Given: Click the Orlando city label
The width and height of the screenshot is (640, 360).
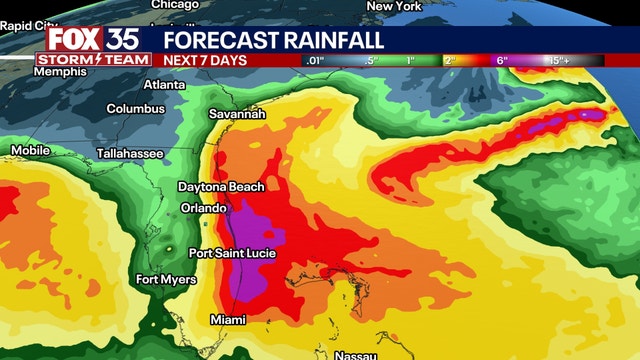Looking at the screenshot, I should tap(202, 207).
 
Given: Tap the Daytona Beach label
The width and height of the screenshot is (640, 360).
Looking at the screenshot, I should tap(221, 187).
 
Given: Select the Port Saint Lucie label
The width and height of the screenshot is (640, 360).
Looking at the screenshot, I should tap(232, 253).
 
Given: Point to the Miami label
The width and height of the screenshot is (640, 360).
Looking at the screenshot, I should tap(228, 319).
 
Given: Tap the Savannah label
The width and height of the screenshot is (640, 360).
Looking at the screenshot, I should tap(237, 114).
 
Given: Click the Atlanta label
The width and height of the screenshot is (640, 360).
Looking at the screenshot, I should tap(165, 85).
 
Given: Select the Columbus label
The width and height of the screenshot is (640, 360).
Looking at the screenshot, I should tap(136, 108).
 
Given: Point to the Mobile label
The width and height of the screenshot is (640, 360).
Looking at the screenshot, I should tap(30, 150).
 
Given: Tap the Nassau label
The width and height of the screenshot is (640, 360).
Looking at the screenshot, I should tap(357, 354).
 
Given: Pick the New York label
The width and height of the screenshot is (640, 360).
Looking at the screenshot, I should tap(394, 6).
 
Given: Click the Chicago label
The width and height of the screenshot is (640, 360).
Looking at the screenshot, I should tap(176, 5).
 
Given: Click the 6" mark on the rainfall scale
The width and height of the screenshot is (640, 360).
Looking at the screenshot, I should tap(502, 60).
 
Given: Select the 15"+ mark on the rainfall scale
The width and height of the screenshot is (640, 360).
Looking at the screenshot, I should tap(558, 60).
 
